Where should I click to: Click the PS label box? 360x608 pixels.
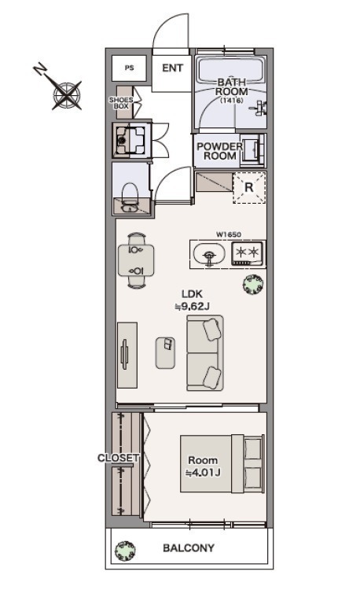(x=129, y=68)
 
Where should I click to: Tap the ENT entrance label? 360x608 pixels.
(x=172, y=68)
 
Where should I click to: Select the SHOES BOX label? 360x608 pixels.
(x=121, y=103)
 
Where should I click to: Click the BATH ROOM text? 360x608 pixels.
(x=231, y=87)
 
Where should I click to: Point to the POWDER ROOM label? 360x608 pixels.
(x=220, y=151)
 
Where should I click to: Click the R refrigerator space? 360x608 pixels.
(x=249, y=188)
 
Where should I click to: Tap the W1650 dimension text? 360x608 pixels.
(x=229, y=234)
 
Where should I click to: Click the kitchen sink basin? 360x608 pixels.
(x=209, y=254)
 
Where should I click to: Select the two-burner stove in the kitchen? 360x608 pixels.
(x=248, y=252)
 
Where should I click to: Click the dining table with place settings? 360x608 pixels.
(x=136, y=260)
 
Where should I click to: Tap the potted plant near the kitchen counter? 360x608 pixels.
(x=253, y=284)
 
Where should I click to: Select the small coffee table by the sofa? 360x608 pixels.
(x=166, y=352)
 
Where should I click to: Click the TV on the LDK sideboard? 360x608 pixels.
(x=124, y=354)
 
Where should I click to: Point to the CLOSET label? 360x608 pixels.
(x=118, y=458)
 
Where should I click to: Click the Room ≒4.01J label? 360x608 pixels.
(x=203, y=466)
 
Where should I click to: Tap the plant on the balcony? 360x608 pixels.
(x=125, y=551)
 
